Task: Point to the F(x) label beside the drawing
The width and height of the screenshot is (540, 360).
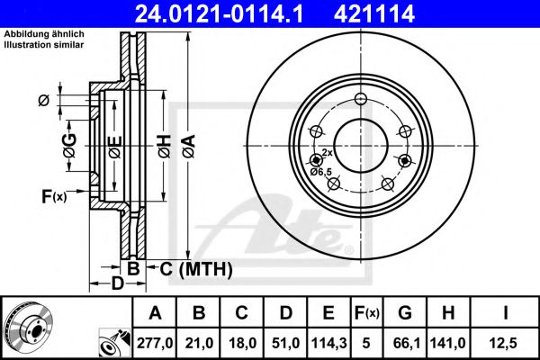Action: tap(53, 196)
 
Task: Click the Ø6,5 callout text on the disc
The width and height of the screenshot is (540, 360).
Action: tap(320, 171)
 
